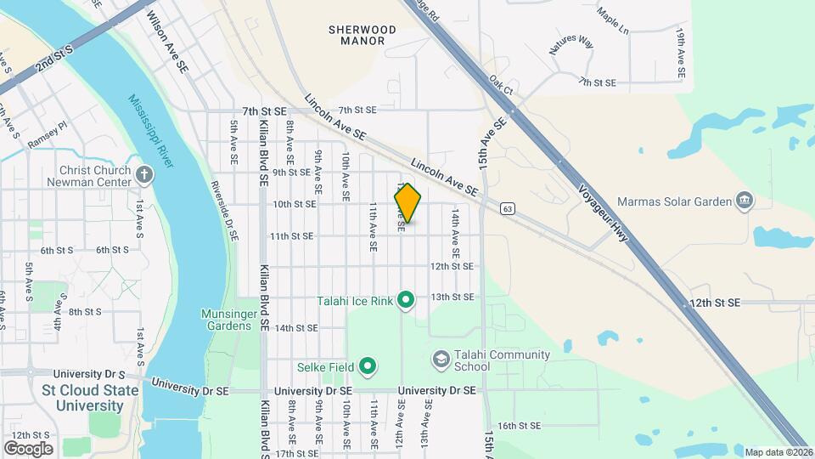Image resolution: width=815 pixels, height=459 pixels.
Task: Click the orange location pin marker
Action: (x=407, y=203)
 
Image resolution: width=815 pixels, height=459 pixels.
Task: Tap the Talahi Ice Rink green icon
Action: (x=406, y=299)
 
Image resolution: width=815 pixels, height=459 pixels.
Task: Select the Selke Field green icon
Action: (x=368, y=367)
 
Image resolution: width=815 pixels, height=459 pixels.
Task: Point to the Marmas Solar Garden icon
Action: (x=745, y=201)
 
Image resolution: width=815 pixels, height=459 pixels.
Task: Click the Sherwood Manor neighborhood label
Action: (x=363, y=35)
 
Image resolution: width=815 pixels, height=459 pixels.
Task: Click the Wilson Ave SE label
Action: (x=167, y=41)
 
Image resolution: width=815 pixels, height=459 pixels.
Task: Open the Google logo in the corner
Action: (x=28, y=448)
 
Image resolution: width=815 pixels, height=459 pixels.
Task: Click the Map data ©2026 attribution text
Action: (x=776, y=452)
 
